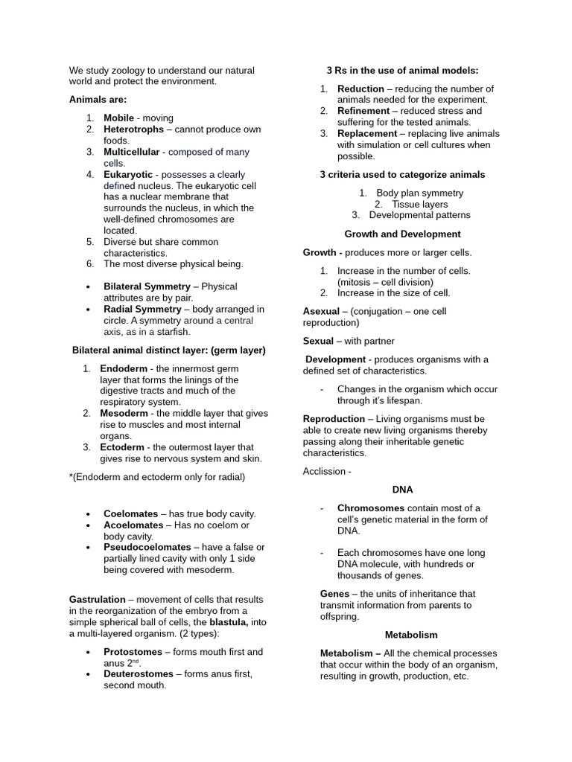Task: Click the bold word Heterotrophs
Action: tap(133, 129)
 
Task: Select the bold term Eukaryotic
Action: tap(127, 174)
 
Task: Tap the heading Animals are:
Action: tap(98, 99)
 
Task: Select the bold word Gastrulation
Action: tap(97, 600)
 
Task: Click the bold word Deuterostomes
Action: tap(139, 674)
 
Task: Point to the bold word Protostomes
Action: tap(133, 652)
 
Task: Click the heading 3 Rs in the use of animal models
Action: tap(402, 71)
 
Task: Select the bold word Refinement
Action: tap(363, 111)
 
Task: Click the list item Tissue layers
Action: tap(419, 205)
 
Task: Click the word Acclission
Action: tap(324, 472)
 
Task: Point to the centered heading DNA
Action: tap(402, 490)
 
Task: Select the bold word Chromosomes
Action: tap(371, 508)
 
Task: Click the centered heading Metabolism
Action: tap(411, 635)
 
